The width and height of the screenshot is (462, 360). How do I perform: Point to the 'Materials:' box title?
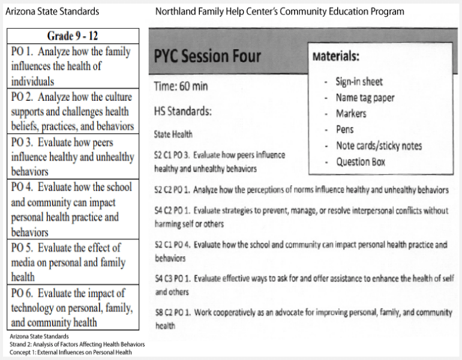pos(336,57)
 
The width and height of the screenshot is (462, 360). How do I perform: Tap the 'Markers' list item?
pos(351,114)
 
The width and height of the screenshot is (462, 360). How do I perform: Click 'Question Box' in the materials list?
pos(361,162)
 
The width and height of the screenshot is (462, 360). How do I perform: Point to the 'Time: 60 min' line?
pos(181,86)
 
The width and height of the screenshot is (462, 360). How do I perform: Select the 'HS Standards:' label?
pos(183,112)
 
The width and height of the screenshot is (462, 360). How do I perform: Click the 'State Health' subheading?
pos(173,134)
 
